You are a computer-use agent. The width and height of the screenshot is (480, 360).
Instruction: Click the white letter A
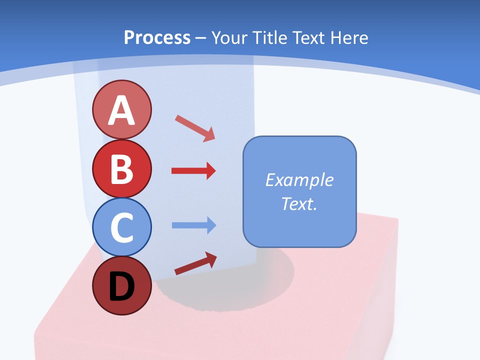click(x=121, y=110)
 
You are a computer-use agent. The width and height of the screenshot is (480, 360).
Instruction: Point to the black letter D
click(x=121, y=286)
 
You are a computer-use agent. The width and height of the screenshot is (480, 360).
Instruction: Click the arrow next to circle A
click(x=195, y=128)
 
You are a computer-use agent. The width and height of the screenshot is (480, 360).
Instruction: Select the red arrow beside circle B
click(x=193, y=171)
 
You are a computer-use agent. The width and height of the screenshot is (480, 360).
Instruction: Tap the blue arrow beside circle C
click(x=193, y=225)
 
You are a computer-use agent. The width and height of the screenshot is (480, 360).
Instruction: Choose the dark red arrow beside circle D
click(x=195, y=263)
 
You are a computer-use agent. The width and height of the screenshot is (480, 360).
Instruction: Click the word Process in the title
click(x=157, y=37)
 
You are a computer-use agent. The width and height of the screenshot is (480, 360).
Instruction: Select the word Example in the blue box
click(x=299, y=180)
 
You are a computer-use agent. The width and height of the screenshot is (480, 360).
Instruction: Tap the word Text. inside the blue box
click(x=299, y=204)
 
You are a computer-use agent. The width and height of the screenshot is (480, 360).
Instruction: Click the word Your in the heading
click(x=229, y=37)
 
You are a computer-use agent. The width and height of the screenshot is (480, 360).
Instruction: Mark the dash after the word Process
click(x=201, y=38)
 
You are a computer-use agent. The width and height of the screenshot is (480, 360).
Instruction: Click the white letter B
click(x=121, y=169)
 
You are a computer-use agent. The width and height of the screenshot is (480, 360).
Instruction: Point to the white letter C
click(x=121, y=228)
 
